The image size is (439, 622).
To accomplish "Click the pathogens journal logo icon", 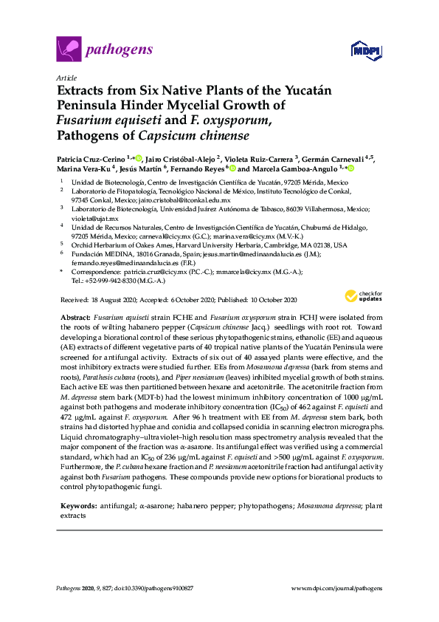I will point(68,50).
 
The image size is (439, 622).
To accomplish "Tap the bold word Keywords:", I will point(78,507).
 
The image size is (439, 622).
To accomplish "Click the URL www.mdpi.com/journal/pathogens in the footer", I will point(338,588).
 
